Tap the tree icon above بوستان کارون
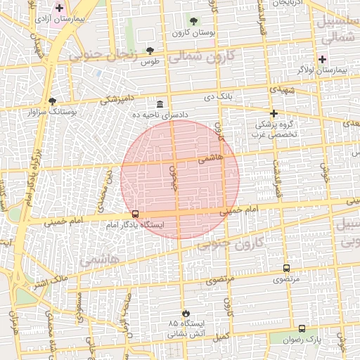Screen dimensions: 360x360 click(x=194, y=22)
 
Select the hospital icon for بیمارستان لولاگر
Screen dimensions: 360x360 click(x=323, y=59)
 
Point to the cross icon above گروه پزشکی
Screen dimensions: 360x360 click(x=274, y=112)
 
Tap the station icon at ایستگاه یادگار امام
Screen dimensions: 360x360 click(x=135, y=214)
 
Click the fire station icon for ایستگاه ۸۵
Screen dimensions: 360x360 click(x=186, y=312)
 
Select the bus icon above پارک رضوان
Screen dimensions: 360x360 click(x=302, y=328)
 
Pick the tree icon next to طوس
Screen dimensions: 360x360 click(x=150, y=51)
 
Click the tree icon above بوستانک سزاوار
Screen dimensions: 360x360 click(x=53, y=100)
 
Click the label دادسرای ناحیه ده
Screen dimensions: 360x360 click(x=161, y=114)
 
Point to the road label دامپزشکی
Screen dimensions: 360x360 click(x=119, y=99)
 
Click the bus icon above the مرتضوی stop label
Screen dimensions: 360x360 click(x=286, y=268)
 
